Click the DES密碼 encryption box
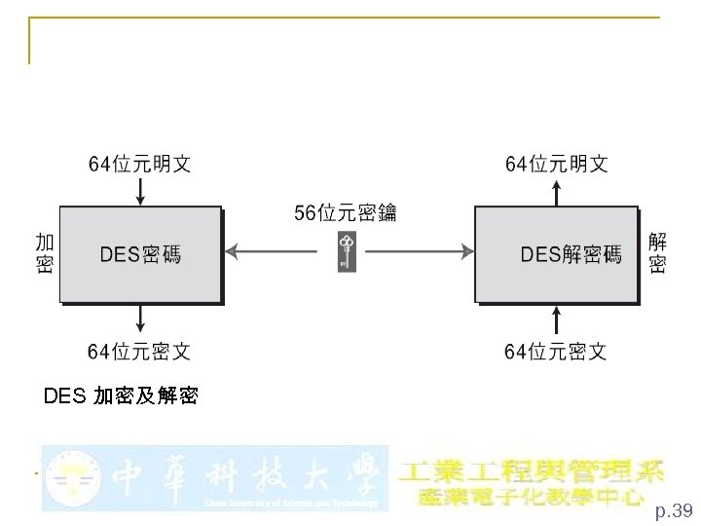click(141, 254)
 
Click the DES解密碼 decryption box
click(556, 254)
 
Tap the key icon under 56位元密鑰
click(347, 252)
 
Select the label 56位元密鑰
click(346, 212)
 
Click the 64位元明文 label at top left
click(140, 164)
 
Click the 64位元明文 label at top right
click(556, 164)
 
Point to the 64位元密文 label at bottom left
click(140, 350)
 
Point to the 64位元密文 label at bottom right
click(556, 350)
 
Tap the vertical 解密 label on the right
click(658, 252)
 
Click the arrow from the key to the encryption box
click(278, 253)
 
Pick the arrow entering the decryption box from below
click(556, 319)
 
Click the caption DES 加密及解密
click(122, 396)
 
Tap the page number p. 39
click(673, 510)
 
